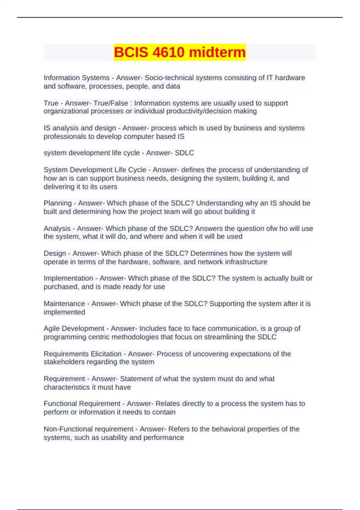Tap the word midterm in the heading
pos(217,52)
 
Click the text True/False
pos(111,103)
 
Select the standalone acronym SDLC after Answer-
pos(184,153)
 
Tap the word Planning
pos(58,203)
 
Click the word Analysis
pos(57,229)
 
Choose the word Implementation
pos(68,278)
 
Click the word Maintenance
pos(64,304)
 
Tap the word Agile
pos(51,328)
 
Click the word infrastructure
pos(246,262)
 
